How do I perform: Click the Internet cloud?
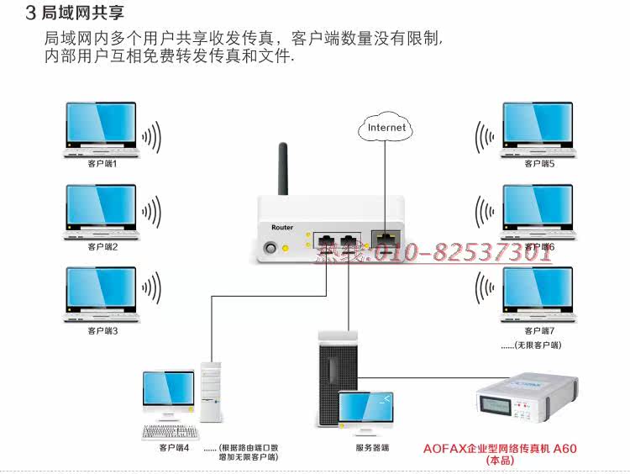(x=385, y=127)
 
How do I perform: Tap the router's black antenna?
(x=283, y=169)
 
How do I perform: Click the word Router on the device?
(x=282, y=227)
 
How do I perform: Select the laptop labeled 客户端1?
(x=101, y=129)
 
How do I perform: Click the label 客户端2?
(x=102, y=247)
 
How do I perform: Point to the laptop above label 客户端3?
(x=101, y=294)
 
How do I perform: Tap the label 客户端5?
(x=539, y=164)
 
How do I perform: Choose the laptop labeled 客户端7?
(x=538, y=294)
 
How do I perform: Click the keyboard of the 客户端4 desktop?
(x=171, y=432)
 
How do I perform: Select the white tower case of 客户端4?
(x=211, y=392)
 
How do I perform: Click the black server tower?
(x=337, y=378)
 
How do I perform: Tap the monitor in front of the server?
(x=365, y=412)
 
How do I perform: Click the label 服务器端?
(x=372, y=447)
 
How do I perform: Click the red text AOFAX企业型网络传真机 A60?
(x=500, y=448)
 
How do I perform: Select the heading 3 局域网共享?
(x=75, y=13)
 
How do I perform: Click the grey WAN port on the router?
(x=386, y=239)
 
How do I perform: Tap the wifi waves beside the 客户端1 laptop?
(x=151, y=137)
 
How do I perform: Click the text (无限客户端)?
(x=538, y=345)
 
